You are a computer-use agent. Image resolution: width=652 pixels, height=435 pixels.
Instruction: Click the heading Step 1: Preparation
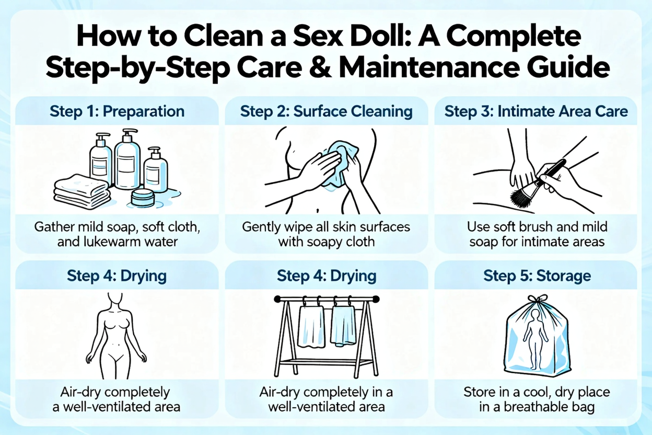coord(117,111)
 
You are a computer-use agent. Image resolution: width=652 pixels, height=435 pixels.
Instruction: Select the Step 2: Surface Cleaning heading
coord(327,111)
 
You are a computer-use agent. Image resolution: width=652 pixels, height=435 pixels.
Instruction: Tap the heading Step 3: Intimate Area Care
coord(536,111)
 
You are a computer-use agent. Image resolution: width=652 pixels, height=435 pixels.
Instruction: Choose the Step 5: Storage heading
coord(537,276)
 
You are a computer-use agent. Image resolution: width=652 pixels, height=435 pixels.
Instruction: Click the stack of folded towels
coord(83,191)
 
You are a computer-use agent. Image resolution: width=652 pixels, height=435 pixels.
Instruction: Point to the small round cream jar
coord(142,197)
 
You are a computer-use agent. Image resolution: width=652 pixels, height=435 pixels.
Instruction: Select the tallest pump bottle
coord(127,159)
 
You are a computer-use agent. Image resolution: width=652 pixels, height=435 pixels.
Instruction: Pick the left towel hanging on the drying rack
coord(311,327)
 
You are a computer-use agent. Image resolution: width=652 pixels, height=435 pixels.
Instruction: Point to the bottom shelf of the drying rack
coord(327,363)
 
